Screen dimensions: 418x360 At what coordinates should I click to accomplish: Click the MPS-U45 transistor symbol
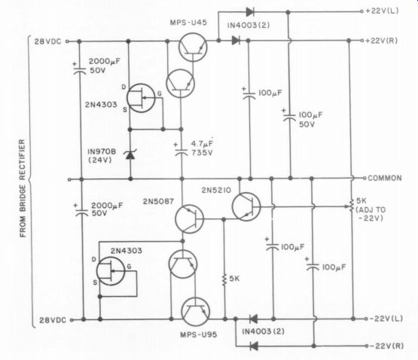[x=193, y=47]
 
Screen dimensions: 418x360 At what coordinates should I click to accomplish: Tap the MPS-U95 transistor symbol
[x=195, y=312]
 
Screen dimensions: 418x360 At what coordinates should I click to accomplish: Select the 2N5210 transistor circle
[x=246, y=206]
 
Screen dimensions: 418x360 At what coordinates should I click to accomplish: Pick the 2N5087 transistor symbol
[x=189, y=219]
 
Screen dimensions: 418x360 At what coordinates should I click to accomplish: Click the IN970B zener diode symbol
[x=130, y=154]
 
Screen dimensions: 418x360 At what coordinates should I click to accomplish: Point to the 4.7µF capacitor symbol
[x=181, y=152]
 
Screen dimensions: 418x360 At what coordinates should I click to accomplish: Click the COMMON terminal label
[x=385, y=178]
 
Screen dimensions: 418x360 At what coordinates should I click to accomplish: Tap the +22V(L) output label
[x=383, y=11]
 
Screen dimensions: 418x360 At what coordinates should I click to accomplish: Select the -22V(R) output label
[x=386, y=346]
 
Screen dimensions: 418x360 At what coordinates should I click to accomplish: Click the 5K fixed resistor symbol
[x=224, y=279]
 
